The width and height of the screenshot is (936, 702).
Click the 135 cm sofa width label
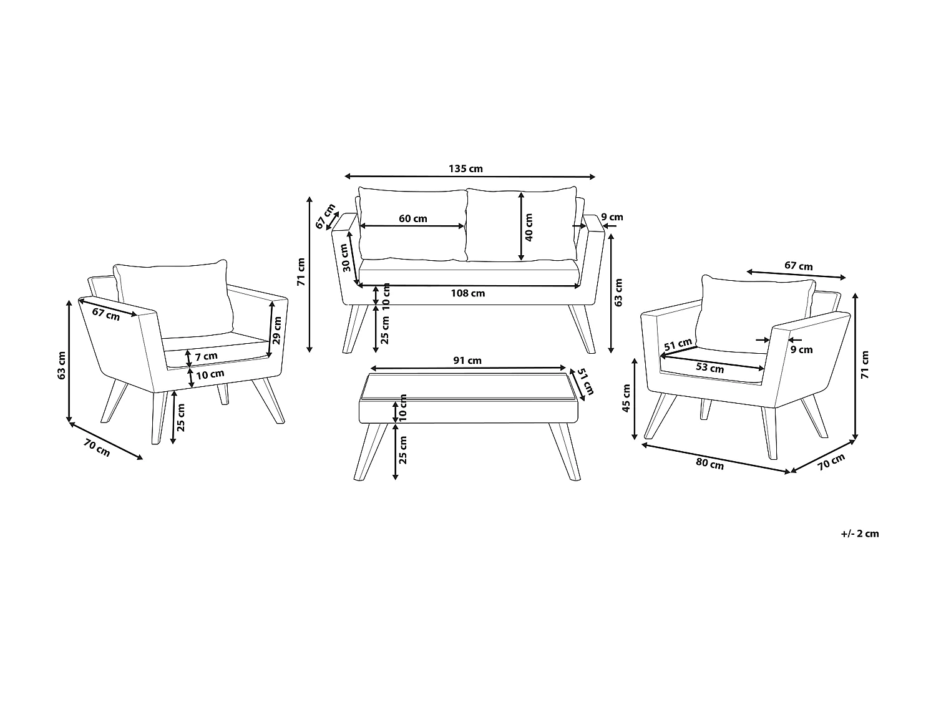click(466, 168)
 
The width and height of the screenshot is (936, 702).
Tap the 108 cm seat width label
click(469, 293)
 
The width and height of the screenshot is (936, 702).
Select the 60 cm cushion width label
click(413, 218)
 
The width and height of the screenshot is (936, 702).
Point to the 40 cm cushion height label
click(529, 227)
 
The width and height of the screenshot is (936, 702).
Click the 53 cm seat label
click(709, 368)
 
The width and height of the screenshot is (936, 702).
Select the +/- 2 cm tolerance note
click(859, 534)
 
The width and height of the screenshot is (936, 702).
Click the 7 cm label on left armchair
click(207, 356)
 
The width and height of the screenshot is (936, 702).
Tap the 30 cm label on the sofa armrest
click(346, 255)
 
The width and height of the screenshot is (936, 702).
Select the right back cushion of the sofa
click(522, 225)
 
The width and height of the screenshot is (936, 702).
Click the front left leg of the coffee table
click(367, 452)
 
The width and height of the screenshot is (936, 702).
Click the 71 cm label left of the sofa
click(301, 272)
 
